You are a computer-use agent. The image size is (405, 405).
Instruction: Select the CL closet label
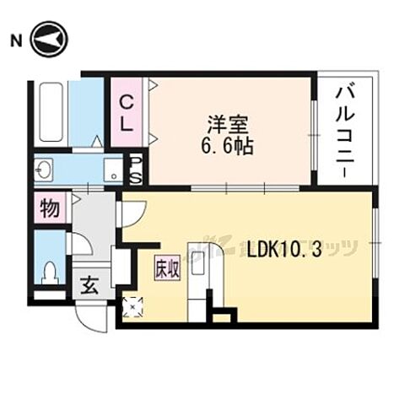pyautogui.click(x=126, y=113)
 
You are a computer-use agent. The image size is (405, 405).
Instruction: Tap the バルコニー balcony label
pyautogui.click(x=346, y=128)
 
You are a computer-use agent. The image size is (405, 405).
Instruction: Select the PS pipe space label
pyautogui.click(x=135, y=169)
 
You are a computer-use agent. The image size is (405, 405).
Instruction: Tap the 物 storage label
pyautogui.click(x=50, y=208)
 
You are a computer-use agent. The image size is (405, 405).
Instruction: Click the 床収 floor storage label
pyautogui.click(x=165, y=269)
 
